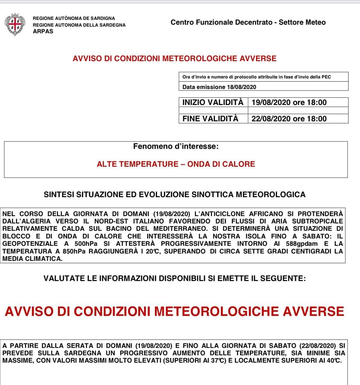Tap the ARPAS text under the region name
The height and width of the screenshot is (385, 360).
[x=43, y=31]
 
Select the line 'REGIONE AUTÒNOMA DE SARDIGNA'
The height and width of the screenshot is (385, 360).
[x=74, y=18]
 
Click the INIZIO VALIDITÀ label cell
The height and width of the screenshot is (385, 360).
[x=213, y=102]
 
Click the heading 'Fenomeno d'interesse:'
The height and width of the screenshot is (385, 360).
[x=176, y=147]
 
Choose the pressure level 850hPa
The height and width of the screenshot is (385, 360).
[x=74, y=251]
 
